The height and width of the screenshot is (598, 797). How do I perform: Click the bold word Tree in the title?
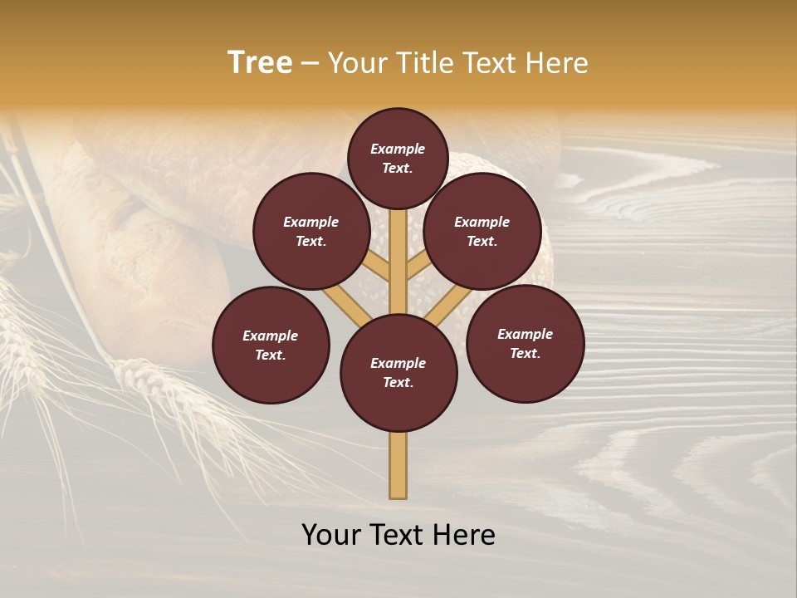260,63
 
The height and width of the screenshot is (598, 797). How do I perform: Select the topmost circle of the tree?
398,158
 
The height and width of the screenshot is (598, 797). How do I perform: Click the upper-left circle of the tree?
311,231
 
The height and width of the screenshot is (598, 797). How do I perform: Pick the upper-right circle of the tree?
482,231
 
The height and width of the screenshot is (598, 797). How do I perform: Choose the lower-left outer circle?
271,345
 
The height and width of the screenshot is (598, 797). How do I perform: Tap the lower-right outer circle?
525,343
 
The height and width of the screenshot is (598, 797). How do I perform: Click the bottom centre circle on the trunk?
398,373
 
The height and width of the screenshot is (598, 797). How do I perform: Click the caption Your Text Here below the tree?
398,535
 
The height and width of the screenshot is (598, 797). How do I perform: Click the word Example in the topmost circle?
398,149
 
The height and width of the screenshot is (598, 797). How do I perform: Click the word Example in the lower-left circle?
270,336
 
